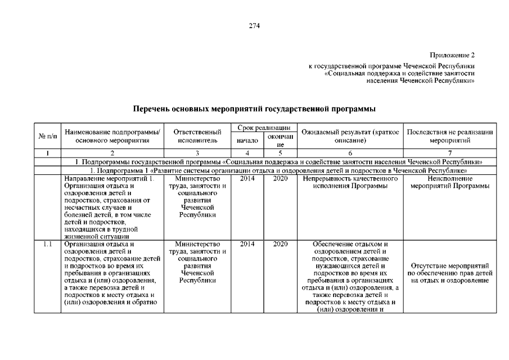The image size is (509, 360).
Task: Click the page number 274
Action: click(x=254, y=25)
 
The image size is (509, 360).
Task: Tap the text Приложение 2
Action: click(x=452, y=55)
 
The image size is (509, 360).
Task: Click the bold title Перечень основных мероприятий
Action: click(x=254, y=108)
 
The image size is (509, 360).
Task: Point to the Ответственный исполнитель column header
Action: click(x=197, y=136)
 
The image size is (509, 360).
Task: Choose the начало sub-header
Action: click(x=247, y=140)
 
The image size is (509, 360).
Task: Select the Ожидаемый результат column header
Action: click(x=350, y=136)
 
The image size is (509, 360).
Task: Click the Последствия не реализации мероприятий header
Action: click(x=450, y=136)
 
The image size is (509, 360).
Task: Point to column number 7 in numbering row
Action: click(x=450, y=152)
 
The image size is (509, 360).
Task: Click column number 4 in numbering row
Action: click(x=247, y=152)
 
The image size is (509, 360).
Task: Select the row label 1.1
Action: click(x=48, y=245)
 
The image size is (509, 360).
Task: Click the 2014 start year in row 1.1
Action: click(x=247, y=245)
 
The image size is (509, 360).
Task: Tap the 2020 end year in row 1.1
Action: click(x=280, y=245)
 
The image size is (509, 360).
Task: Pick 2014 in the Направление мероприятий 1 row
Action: click(x=247, y=179)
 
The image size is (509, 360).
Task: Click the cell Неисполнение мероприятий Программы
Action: click(x=450, y=183)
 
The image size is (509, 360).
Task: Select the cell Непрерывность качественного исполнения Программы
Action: click(x=350, y=183)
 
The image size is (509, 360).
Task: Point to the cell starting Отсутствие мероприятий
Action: click(x=450, y=273)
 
